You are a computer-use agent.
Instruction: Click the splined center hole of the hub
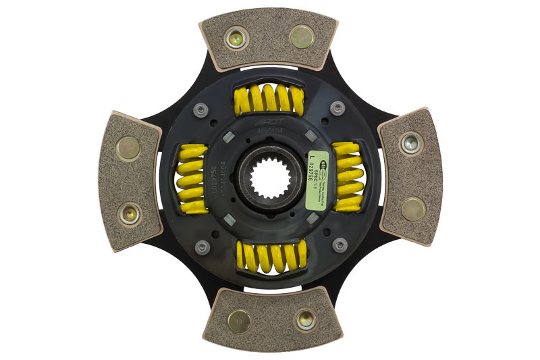(270, 179)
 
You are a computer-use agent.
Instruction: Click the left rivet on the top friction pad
(236, 38)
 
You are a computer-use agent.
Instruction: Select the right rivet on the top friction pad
(301, 36)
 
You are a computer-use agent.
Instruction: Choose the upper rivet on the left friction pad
(128, 148)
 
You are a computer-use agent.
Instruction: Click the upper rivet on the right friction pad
(410, 143)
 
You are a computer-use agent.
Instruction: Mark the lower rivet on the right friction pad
(412, 209)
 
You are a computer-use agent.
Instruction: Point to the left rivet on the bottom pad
(238, 321)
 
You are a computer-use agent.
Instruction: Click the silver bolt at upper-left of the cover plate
(200, 109)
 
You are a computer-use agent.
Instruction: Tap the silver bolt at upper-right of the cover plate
(337, 107)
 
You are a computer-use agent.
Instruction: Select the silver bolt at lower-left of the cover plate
(202, 247)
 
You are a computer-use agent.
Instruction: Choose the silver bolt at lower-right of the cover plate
(340, 244)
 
